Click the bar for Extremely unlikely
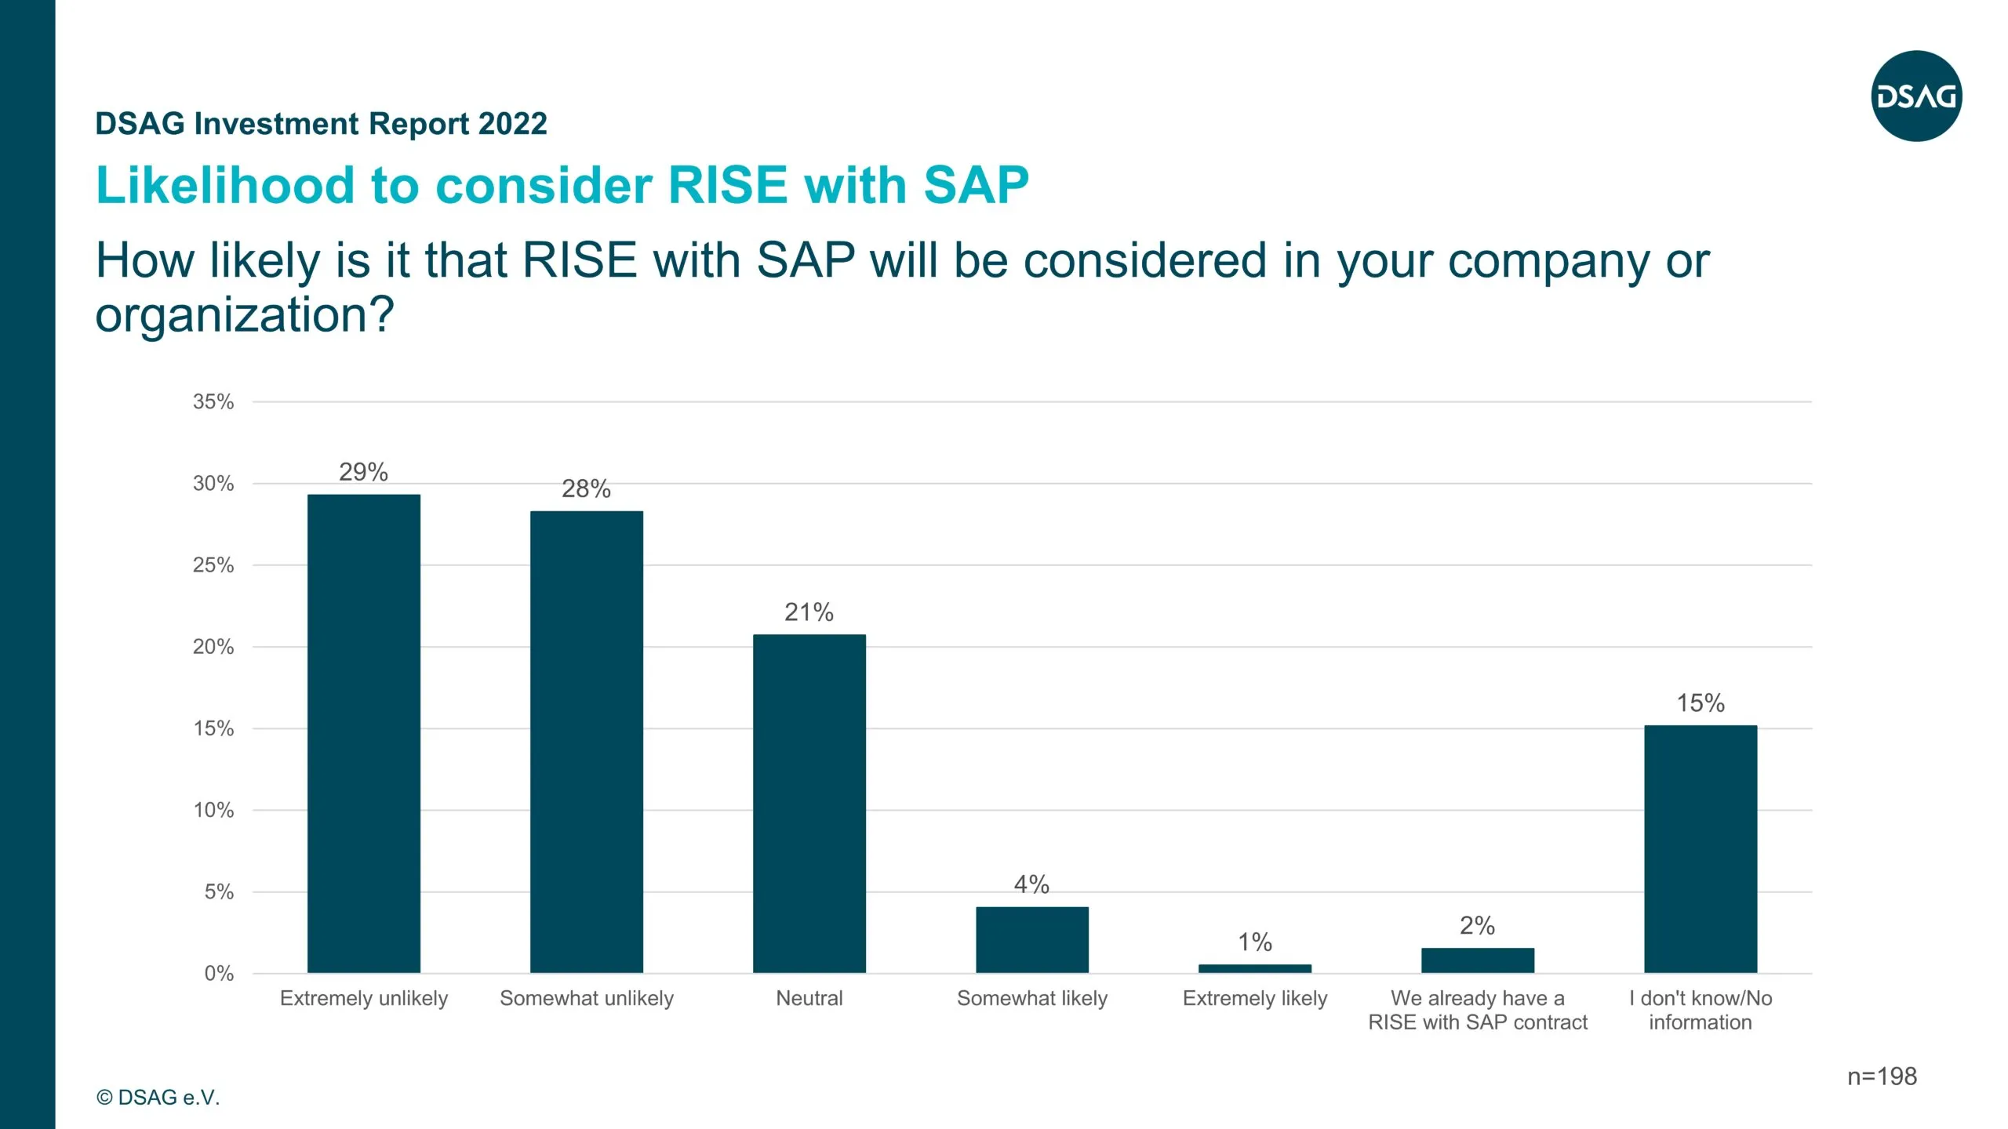pyautogui.click(x=363, y=733)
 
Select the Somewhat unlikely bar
pyautogui.click(x=586, y=742)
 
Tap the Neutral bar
pyautogui.click(x=809, y=804)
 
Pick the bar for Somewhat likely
pyautogui.click(x=1031, y=939)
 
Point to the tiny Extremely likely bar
pyautogui.click(x=1254, y=968)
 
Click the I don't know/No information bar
pyautogui.click(x=1700, y=848)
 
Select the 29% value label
pyautogui.click(x=363, y=472)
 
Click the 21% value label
pyautogui.click(x=809, y=612)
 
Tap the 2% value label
pyautogui.click(x=1477, y=925)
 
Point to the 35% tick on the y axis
pyautogui.click(x=213, y=401)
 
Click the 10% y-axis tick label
pyautogui.click(x=213, y=810)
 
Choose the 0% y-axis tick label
pyautogui.click(x=219, y=973)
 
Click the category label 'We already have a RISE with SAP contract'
pyautogui.click(x=1477, y=1010)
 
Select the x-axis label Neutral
pyautogui.click(x=809, y=998)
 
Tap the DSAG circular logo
pyautogui.click(x=1916, y=96)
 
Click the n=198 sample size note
pyautogui.click(x=1882, y=1076)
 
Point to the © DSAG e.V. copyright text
pyautogui.click(x=158, y=1097)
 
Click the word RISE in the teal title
pyautogui.click(x=727, y=185)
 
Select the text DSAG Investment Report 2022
pyautogui.click(x=321, y=124)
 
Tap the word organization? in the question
pyautogui.click(x=244, y=315)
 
